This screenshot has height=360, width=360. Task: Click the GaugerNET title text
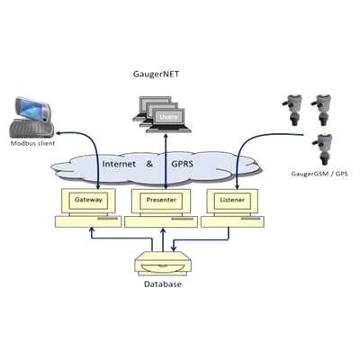pos(156,75)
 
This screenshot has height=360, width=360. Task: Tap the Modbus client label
pos(32,143)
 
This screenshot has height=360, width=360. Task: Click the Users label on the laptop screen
pos(168,117)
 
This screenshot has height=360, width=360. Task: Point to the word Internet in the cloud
pos(119,164)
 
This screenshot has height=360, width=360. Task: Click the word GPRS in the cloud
pos(182,164)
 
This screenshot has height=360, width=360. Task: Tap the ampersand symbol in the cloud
pos(149,164)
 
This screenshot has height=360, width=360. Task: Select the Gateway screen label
pos(88,200)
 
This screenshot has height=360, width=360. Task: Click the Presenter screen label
pos(161,200)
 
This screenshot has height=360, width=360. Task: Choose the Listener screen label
pos(232,200)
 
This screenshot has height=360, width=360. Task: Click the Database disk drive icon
pos(163,263)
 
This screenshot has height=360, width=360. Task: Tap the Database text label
pos(163,284)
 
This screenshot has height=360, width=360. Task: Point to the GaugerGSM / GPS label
pos(319,174)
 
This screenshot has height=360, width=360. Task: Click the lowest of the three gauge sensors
pos(323,149)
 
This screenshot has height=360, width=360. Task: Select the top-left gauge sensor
pos(292,110)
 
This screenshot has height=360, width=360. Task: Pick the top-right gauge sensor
pos(321,110)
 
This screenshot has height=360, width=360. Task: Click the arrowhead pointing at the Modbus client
pos(59,132)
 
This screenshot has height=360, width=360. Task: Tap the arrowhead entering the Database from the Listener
pos(174,248)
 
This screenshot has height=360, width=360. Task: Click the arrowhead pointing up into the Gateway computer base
pos(92,229)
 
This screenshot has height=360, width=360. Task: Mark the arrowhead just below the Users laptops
pos(166,136)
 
